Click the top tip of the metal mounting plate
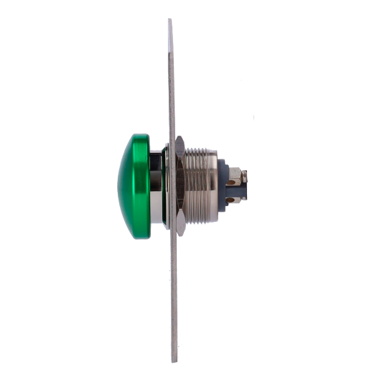[x=169, y=20]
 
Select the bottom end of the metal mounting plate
[x=173, y=361]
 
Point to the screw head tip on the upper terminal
[x=246, y=174]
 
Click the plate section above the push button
[x=171, y=79]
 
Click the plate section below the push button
[x=173, y=294]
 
